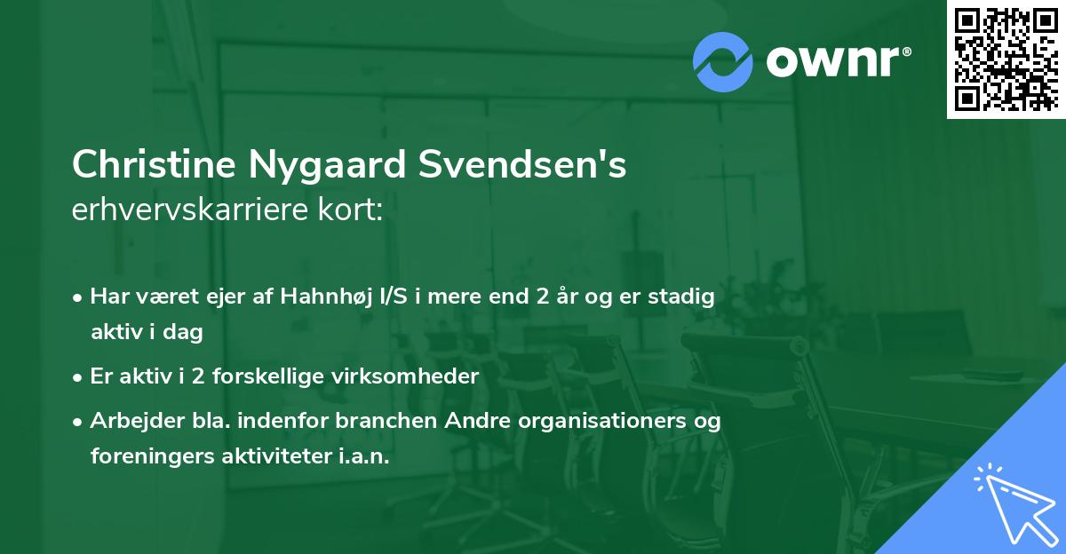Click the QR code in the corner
point(1005,59)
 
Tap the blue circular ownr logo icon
point(723,62)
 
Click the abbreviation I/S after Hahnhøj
point(394,297)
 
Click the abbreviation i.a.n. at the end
point(366,455)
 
